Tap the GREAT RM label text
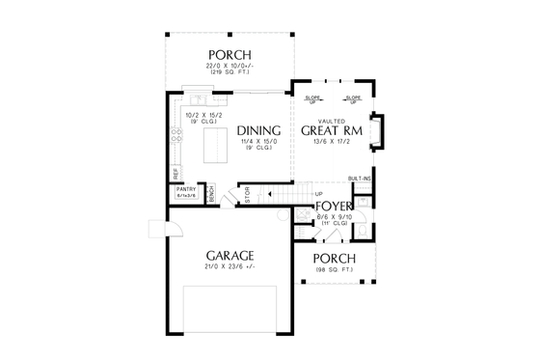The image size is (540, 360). [x=331, y=130]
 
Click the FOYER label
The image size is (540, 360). [x=335, y=207]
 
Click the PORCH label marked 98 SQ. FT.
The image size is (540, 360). [x=335, y=259]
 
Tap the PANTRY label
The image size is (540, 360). [x=186, y=189]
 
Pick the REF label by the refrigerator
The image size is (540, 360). [x=175, y=172]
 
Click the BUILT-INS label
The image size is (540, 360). [x=359, y=180]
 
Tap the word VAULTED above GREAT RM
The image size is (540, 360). [x=331, y=119]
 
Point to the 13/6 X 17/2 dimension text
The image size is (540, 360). [x=331, y=143]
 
